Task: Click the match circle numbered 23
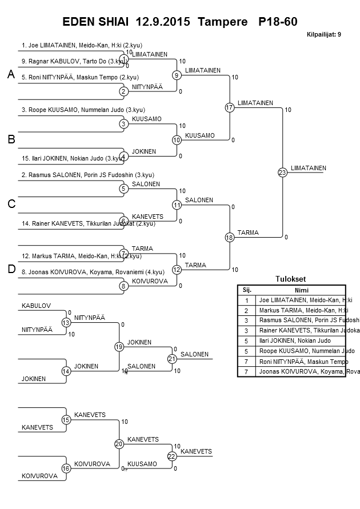click(x=282, y=173)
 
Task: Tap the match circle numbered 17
click(x=230, y=107)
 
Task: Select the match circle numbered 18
click(x=230, y=237)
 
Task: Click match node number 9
click(x=177, y=75)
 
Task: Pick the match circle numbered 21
click(x=171, y=359)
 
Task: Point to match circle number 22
click(x=171, y=456)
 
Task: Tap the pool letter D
click(x=11, y=269)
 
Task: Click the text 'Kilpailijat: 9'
click(x=324, y=35)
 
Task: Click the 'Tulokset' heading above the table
click(x=291, y=279)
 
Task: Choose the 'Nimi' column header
click(x=301, y=290)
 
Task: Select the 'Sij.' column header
click(x=247, y=290)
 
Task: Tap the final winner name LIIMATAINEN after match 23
click(x=308, y=168)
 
